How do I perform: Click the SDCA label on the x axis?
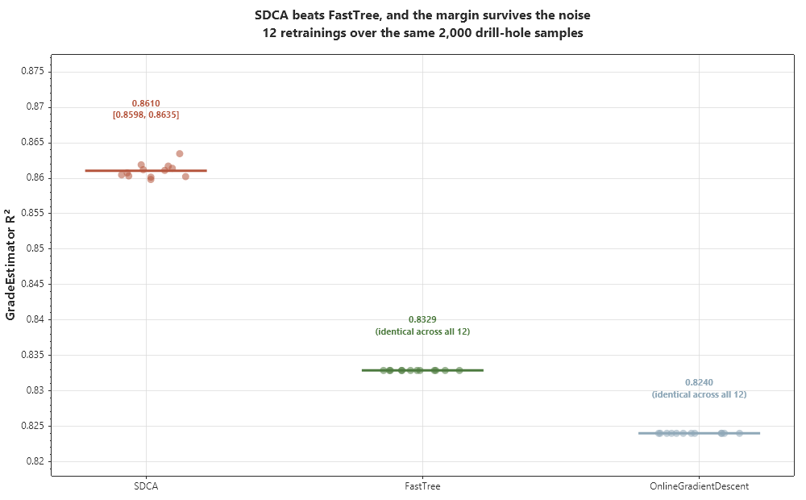(x=146, y=486)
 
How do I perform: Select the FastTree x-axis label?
(x=422, y=486)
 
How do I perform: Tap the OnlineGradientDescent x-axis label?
(x=699, y=486)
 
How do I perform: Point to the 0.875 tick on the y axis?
(x=33, y=71)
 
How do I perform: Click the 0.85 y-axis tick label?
(x=35, y=248)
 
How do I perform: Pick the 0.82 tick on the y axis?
(x=35, y=461)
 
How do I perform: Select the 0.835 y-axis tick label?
(x=33, y=355)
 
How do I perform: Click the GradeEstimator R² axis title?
(x=10, y=265)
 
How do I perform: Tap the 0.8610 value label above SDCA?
(x=146, y=103)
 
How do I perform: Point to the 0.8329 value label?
(x=422, y=319)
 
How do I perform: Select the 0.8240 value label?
(x=699, y=383)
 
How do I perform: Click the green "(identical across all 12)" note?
(x=422, y=331)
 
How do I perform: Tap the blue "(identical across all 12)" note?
(x=699, y=394)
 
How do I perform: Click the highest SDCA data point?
(x=180, y=154)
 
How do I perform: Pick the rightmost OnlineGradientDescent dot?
(x=739, y=433)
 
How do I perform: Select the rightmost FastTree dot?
(x=459, y=370)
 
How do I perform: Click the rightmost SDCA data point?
(x=185, y=177)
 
